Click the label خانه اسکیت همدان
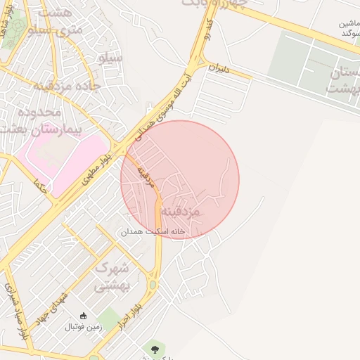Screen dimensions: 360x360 point(152,231)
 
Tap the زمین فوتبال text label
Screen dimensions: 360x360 point(84,327)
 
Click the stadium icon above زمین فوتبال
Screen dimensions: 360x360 point(84,315)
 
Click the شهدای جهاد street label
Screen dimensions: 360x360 point(56,307)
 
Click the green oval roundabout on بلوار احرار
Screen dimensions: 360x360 point(152,285)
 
